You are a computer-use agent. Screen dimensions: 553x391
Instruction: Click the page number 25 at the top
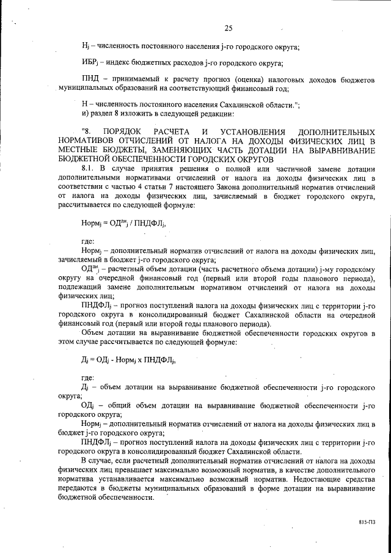(229, 28)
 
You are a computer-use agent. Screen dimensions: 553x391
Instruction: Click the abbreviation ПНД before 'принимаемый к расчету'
(91, 80)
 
